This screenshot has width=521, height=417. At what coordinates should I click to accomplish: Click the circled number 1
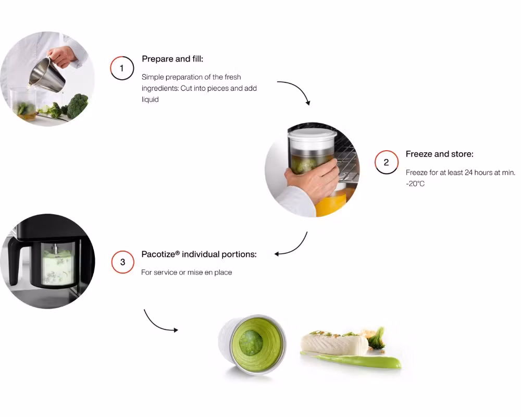point(122,68)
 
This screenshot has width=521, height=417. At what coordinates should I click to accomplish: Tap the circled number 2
point(387,162)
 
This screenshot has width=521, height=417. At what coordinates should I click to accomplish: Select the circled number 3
point(122,262)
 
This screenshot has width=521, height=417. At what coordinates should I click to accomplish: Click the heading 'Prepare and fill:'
point(172,59)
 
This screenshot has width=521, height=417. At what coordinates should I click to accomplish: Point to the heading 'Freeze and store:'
point(439,154)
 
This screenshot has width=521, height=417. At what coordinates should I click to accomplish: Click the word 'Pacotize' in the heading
point(158,254)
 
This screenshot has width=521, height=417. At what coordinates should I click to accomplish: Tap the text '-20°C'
point(415,183)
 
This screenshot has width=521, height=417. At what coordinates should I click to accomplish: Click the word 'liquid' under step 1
point(150,100)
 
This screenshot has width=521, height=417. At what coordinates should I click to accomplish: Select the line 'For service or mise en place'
point(187,272)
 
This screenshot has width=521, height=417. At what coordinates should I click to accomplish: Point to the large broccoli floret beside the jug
point(78,106)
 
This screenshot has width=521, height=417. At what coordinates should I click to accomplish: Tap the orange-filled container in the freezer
point(331,202)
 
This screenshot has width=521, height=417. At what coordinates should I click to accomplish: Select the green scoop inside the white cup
point(251,342)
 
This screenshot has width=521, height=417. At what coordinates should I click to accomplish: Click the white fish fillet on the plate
point(334,344)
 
